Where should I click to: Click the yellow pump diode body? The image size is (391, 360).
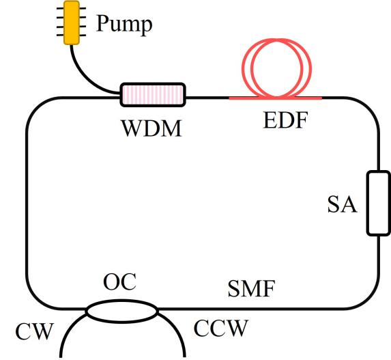click(72, 23)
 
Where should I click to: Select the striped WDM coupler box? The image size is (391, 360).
click(153, 95)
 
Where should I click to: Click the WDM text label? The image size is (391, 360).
click(151, 128)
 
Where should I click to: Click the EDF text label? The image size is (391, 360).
click(285, 120)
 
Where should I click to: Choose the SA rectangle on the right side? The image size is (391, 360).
click(378, 203)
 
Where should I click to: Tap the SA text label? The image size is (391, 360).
click(342, 204)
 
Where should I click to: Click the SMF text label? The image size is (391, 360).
click(252, 288)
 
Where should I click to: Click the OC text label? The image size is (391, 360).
click(120, 282)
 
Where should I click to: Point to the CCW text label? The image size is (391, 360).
click(220, 328)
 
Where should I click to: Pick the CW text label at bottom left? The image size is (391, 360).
click(35, 331)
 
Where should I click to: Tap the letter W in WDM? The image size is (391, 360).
click(132, 128)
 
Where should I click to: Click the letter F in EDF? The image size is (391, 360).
click(300, 120)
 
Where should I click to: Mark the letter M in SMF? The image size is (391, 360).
click(251, 288)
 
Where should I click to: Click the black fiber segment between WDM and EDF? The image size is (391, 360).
click(207, 98)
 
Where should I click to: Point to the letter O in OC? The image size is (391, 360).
click(111, 282)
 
